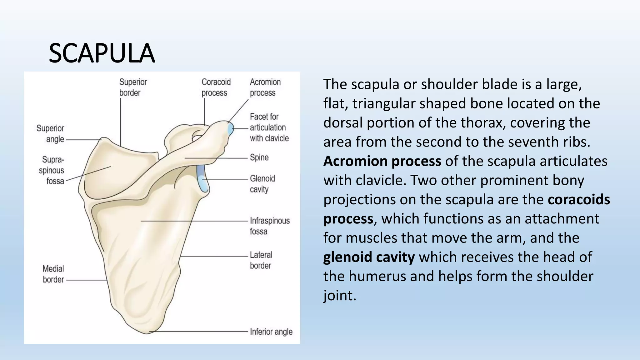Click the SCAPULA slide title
tap(102, 53)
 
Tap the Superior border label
tap(133, 87)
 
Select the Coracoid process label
tap(216, 87)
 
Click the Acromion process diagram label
tap(265, 87)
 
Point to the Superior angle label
tap(50, 134)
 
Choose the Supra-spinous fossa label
tap(52, 170)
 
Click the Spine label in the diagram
tap(259, 157)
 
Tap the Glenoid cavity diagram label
tap(262, 184)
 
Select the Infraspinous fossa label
tap(269, 226)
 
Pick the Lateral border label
tap(261, 260)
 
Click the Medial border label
tap(53, 274)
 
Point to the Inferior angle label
tap(271, 332)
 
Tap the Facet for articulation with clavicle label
tap(269, 127)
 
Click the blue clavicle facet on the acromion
tap(231, 129)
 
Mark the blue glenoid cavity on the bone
tap(202, 179)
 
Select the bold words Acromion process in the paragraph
tap(382, 161)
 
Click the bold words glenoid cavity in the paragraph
tap(369, 257)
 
